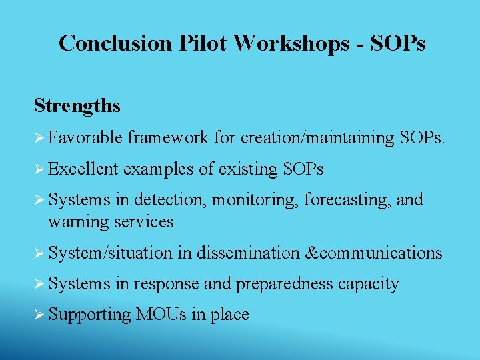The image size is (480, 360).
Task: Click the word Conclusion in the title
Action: tap(116, 43)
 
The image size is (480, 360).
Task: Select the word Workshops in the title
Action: tap(291, 43)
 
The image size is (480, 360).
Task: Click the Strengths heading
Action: tap(77, 106)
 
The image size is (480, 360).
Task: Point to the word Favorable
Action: tap(85, 138)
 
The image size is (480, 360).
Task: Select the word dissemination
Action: tap(247, 253)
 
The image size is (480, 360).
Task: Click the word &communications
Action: tap(373, 253)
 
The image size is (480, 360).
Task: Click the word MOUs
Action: tap(162, 315)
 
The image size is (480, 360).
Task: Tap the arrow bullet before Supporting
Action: tap(39, 315)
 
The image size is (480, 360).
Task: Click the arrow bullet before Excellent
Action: tap(39, 169)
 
